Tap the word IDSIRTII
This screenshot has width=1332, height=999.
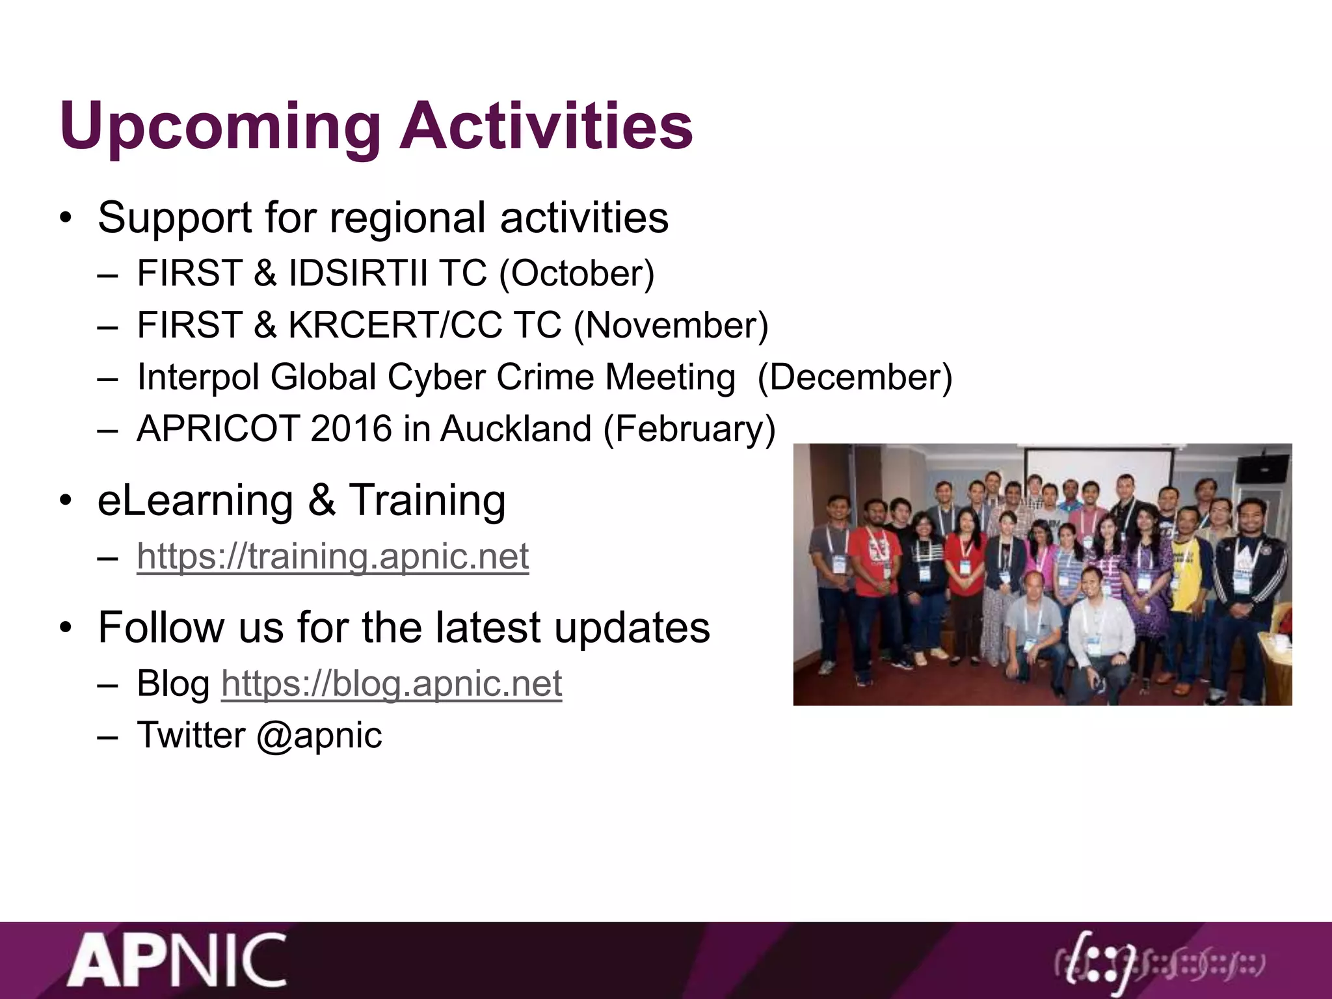pos(358,273)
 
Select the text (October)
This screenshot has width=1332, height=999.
pos(576,273)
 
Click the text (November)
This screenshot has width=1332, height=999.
pos(671,325)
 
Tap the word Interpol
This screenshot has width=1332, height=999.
pos(198,377)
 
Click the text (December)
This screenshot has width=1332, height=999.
pos(855,377)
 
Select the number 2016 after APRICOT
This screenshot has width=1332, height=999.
pos(351,429)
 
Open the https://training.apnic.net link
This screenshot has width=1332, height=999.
pos(332,556)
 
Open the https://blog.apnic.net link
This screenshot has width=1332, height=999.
pos(392,683)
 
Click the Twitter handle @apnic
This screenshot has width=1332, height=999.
pos(319,735)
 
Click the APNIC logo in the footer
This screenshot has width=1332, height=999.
pos(177,960)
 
